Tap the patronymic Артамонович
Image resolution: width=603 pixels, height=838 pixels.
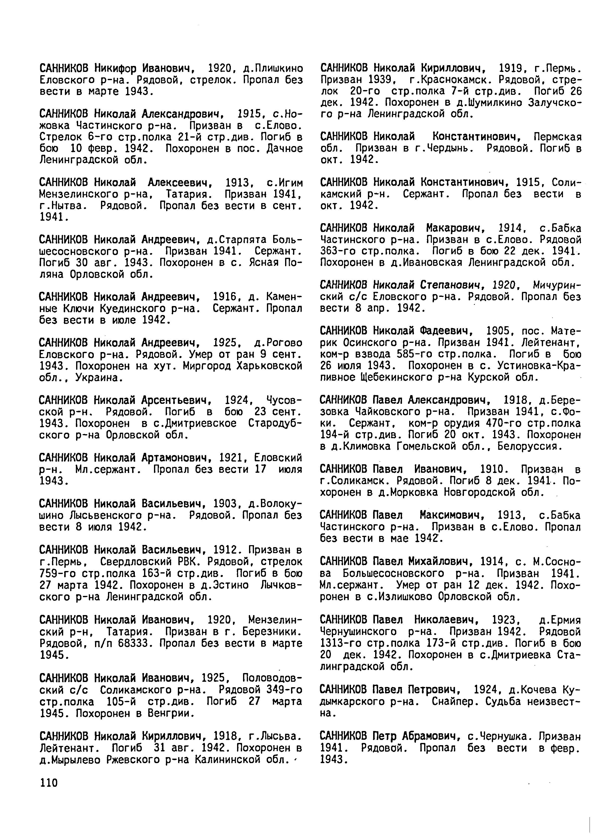click(x=173, y=458)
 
